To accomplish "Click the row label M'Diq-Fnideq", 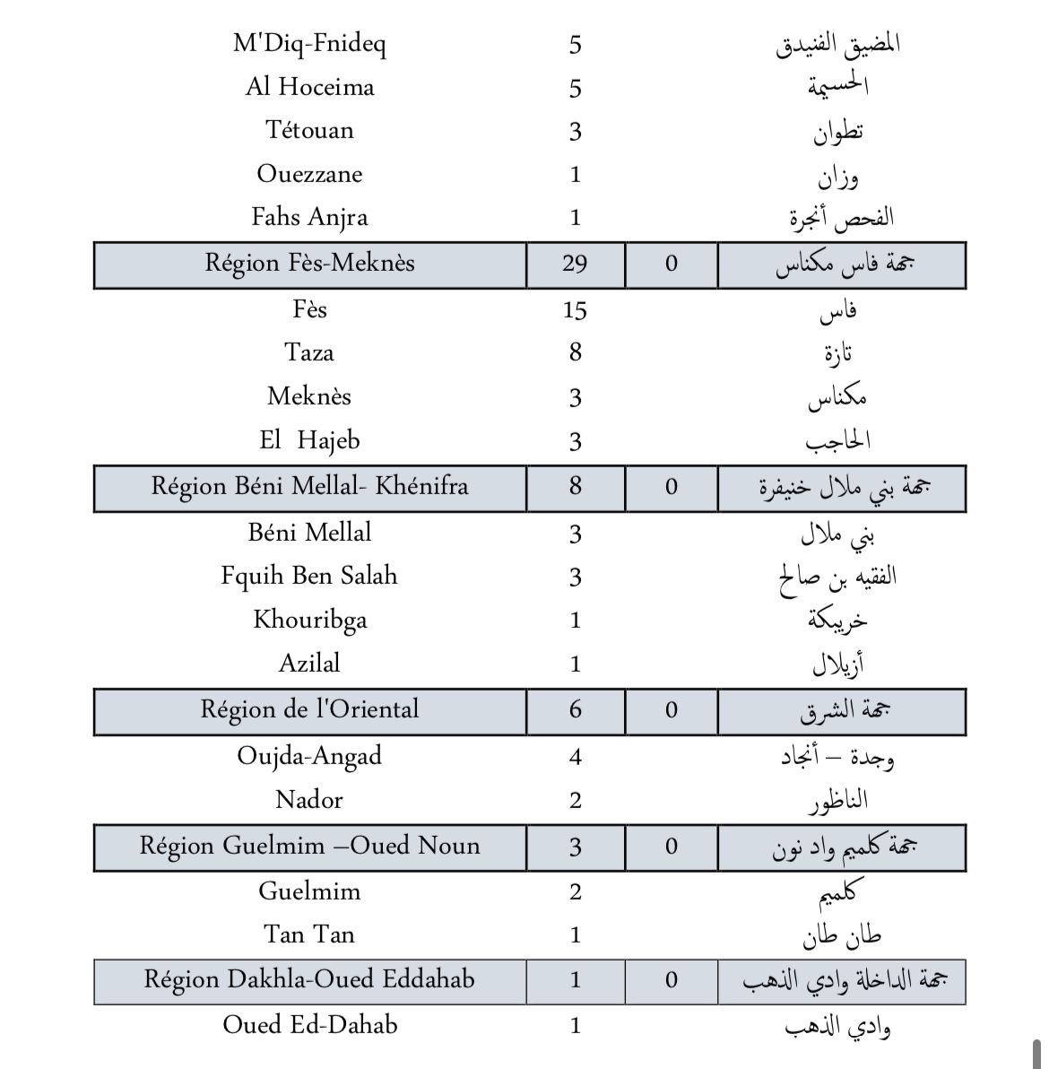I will click(x=309, y=44).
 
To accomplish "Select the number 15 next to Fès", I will click(x=575, y=310).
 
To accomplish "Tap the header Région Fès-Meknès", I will click(x=309, y=263).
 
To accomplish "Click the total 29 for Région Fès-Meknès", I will click(x=575, y=264).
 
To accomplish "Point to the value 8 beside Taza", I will click(x=575, y=352).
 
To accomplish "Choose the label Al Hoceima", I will click(x=309, y=87).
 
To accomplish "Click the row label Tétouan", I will click(x=309, y=130).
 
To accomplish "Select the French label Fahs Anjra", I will click(x=309, y=217).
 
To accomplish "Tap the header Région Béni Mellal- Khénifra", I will click(x=309, y=486).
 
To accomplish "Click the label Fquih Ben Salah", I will click(x=309, y=576).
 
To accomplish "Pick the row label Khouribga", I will click(x=309, y=620).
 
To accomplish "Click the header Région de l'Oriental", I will click(x=309, y=709).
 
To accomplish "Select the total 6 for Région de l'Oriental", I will click(x=575, y=710).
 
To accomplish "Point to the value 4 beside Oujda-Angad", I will click(x=575, y=757).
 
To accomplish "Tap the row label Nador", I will click(x=309, y=799).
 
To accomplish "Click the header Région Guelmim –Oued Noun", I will click(x=309, y=846).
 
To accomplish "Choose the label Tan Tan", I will click(x=309, y=934).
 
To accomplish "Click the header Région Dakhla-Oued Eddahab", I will click(x=309, y=978).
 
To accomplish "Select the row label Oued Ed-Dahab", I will click(x=309, y=1024).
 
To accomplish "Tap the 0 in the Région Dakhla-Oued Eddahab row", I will click(x=671, y=980).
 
